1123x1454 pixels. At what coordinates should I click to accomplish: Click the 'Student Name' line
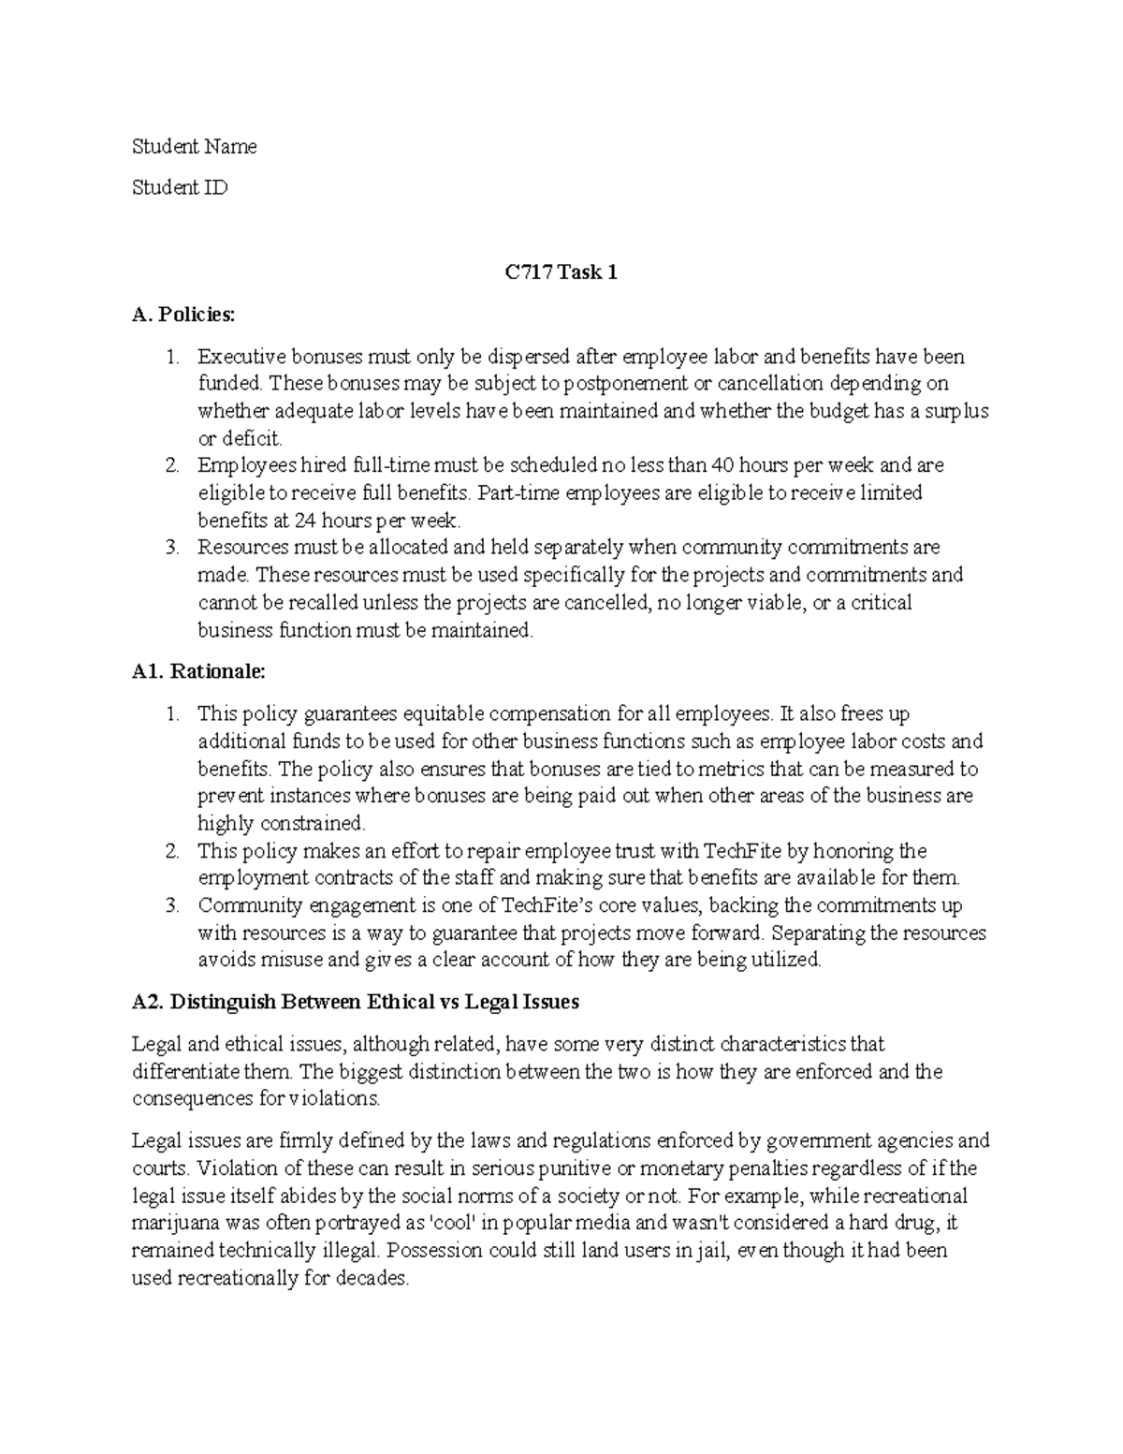pyautogui.click(x=194, y=147)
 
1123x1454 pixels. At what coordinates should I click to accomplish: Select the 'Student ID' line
pyautogui.click(x=179, y=188)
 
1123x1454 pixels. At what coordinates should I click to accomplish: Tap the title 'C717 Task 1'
pyautogui.click(x=561, y=272)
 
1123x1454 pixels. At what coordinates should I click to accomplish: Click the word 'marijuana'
pyautogui.click(x=172, y=1223)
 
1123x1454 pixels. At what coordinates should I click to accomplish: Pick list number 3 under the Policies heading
pyautogui.click(x=171, y=548)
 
